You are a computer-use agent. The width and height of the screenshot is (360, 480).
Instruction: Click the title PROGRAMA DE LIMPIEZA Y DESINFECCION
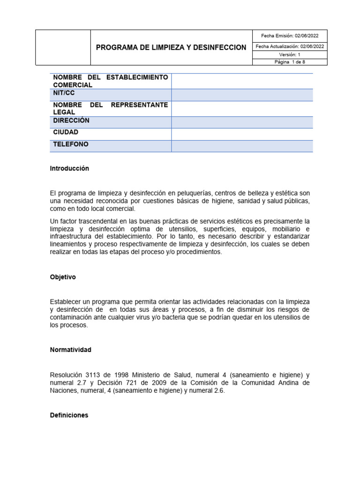(x=171, y=47)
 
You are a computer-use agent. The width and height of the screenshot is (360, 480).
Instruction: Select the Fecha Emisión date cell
(x=289, y=36)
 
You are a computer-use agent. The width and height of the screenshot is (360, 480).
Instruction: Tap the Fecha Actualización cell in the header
(x=289, y=46)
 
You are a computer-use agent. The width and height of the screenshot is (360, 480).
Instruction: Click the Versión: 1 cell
(x=289, y=54)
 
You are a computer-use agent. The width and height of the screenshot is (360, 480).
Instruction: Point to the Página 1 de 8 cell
(x=289, y=62)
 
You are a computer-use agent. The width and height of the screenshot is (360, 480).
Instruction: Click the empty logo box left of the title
(x=63, y=47)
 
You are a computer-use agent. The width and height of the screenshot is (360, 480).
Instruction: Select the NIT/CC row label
(x=64, y=93)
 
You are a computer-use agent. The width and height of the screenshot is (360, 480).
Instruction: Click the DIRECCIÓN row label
(x=71, y=120)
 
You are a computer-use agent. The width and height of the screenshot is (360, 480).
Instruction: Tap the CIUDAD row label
(x=66, y=133)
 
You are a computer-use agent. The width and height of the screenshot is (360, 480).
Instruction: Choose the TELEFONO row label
(x=71, y=144)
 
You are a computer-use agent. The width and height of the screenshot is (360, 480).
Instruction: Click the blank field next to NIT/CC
(x=242, y=95)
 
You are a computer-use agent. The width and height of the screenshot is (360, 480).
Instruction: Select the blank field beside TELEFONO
(x=242, y=146)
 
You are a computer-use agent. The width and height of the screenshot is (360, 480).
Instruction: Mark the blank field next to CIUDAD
(x=242, y=134)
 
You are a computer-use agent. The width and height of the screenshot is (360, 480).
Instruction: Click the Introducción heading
(x=69, y=168)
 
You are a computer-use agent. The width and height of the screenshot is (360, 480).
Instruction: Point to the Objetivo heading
(x=63, y=277)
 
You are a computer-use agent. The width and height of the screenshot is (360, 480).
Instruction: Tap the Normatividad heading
(x=71, y=350)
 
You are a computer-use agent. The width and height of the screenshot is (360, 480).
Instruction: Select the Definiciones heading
(x=69, y=415)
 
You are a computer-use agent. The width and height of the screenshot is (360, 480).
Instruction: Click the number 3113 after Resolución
(x=91, y=375)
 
